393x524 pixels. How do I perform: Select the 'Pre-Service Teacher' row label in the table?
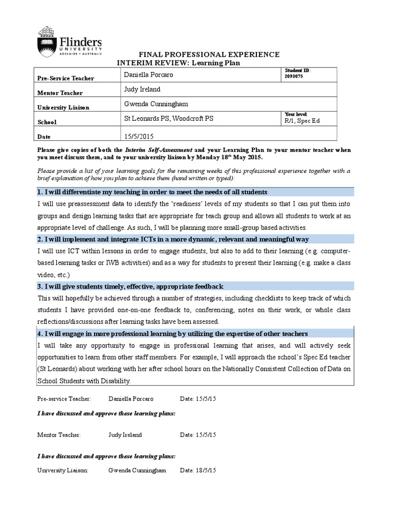65,78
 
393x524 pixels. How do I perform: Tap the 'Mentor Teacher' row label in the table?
60,93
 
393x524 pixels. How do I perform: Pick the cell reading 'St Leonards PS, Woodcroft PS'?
169,119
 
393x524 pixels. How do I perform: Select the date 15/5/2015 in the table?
138,136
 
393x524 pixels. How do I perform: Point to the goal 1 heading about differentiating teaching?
152,192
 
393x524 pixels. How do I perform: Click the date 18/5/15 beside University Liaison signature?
198,470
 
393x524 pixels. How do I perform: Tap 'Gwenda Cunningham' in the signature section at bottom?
137,470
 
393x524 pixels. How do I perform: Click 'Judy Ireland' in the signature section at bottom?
125,434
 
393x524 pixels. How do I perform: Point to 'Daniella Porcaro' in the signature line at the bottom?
130,398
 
